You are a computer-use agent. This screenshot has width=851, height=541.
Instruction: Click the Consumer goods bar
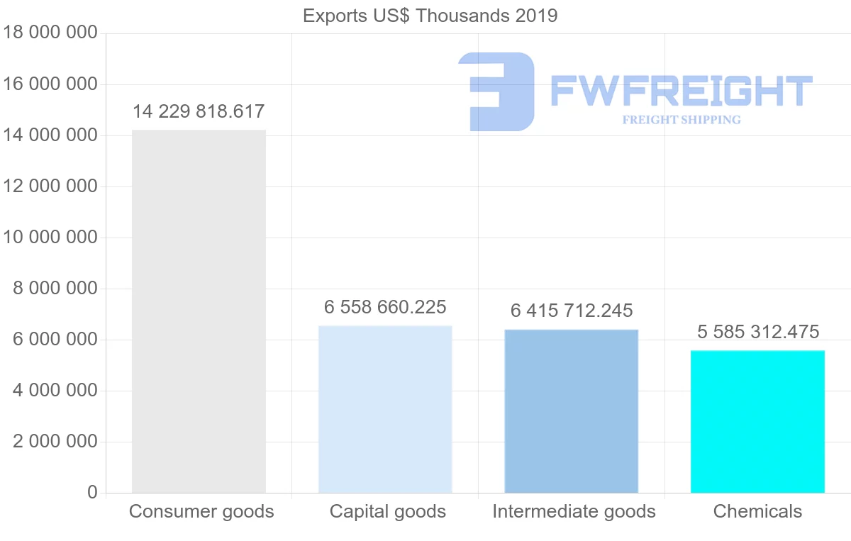tap(199, 311)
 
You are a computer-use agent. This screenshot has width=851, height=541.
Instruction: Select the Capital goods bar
tap(385, 409)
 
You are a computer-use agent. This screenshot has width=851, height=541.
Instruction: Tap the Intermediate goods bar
tap(572, 411)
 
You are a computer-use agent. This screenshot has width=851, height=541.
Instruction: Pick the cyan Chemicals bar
tap(757, 421)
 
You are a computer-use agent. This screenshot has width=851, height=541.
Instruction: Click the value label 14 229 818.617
tap(199, 111)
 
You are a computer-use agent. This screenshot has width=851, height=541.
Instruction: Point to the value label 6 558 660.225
tap(385, 307)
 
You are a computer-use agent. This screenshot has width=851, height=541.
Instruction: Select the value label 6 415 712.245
tap(572, 311)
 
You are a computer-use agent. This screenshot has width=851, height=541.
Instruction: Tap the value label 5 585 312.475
tap(757, 331)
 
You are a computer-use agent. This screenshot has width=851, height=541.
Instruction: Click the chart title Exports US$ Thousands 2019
tap(430, 16)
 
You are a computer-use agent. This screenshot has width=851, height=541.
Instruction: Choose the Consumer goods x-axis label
tap(201, 511)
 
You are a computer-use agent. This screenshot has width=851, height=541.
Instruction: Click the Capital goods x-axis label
tap(388, 511)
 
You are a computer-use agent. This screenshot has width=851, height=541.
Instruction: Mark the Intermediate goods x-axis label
tap(574, 511)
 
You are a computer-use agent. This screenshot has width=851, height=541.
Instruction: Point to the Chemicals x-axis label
tap(757, 511)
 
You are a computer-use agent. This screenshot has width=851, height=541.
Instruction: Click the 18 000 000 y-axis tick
tap(50, 33)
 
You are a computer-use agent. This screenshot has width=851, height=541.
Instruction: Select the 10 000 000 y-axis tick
tap(50, 238)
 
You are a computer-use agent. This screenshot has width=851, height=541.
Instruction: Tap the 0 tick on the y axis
tap(92, 493)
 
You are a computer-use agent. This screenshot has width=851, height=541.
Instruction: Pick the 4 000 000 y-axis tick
tap(55, 391)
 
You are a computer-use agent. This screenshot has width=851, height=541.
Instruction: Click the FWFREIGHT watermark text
tap(681, 91)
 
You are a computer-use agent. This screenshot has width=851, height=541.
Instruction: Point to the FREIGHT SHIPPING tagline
tap(681, 120)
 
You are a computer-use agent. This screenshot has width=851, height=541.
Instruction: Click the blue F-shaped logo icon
tap(496, 91)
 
